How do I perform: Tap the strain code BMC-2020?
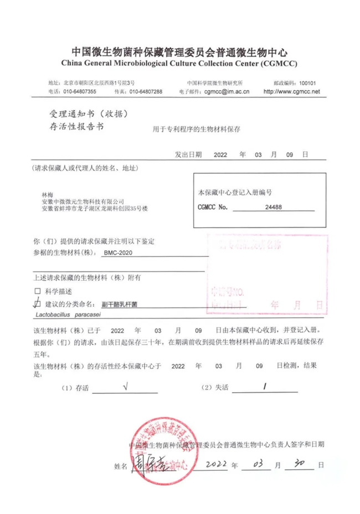coord(119,252)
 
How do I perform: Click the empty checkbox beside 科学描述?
coord(38,291)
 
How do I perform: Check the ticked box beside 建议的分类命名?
coord(38,303)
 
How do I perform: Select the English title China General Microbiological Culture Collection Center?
coord(180,64)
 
